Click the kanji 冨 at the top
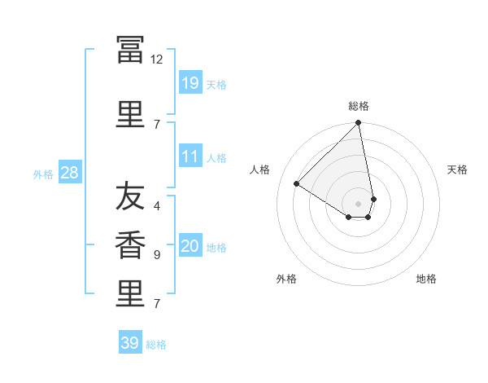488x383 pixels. point(130,50)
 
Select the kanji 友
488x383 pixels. point(130,196)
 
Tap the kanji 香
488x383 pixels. point(130,244)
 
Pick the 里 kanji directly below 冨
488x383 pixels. point(130,114)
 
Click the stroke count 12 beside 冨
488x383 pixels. point(156,59)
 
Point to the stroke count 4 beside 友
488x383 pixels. point(157,206)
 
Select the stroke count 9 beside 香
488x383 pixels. point(157,255)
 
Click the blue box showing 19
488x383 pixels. point(190,82)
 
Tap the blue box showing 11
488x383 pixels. point(190,156)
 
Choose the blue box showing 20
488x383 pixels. point(190,244)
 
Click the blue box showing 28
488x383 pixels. point(70,172)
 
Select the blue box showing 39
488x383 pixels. point(130,341)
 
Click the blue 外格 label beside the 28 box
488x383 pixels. point(43,174)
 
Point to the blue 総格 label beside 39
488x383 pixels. point(156,345)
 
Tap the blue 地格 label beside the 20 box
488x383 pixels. point(216,248)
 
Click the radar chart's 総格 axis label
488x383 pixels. point(359,106)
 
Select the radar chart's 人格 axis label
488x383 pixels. point(259,169)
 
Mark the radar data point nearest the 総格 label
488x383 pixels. point(358,122)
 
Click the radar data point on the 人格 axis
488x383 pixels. point(297,183)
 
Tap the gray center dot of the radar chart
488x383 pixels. point(358,204)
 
